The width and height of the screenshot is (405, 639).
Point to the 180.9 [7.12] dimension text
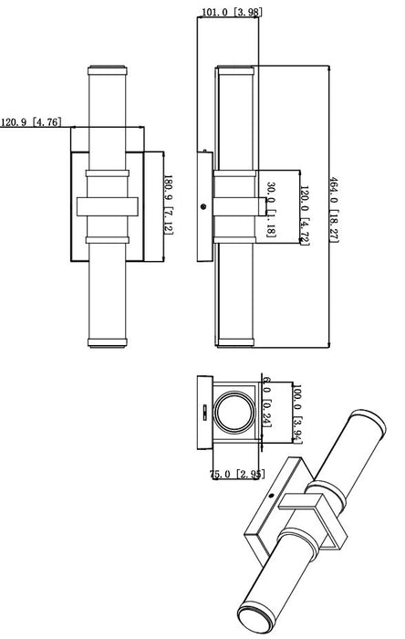168,205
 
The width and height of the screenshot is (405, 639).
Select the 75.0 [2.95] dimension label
236,474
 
